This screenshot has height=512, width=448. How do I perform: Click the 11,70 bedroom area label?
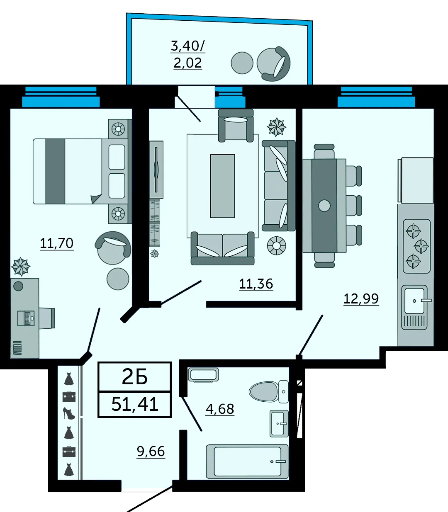click(56, 243)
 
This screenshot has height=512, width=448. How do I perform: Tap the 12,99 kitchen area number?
click(361, 298)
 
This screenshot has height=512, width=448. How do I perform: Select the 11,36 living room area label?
click(256, 284)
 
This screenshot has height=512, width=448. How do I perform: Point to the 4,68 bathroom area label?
click(220, 409)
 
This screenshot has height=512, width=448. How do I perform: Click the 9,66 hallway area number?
click(151, 451)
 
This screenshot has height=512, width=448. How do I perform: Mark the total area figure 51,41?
click(135, 404)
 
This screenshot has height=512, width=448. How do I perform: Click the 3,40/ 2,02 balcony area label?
click(188, 54)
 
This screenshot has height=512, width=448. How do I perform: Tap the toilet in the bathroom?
click(268, 392)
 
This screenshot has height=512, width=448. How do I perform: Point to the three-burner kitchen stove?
click(417, 246)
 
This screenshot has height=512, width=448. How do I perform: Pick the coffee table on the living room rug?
click(222, 186)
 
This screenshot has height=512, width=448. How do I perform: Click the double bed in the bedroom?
click(80, 171)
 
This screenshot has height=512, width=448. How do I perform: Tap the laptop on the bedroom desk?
click(26, 318)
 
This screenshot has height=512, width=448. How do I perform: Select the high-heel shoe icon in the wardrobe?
click(69, 413)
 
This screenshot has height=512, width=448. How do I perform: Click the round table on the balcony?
click(242, 63)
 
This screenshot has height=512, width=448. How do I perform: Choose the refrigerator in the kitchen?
click(416, 180)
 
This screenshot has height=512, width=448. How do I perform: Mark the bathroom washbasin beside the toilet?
click(279, 423)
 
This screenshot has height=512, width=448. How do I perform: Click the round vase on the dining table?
click(324, 206)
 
